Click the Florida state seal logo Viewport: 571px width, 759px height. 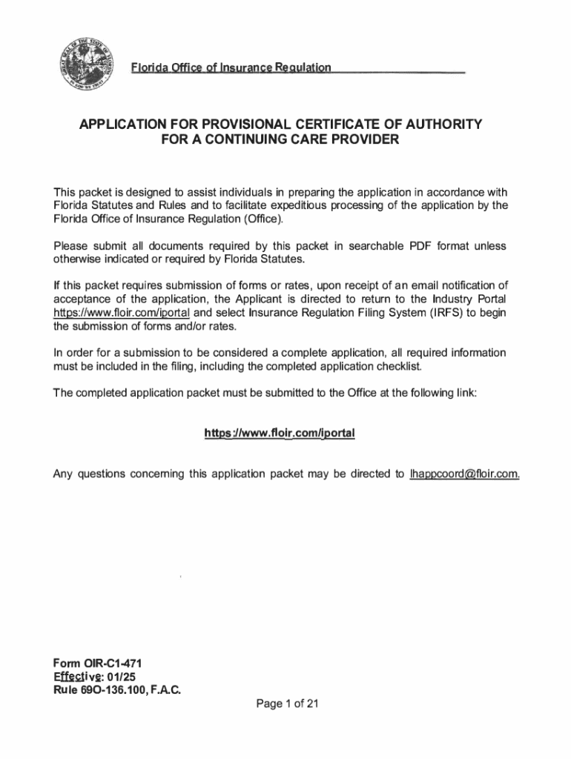pyautogui.click(x=84, y=63)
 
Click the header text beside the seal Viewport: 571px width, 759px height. pyautogui.click(x=231, y=68)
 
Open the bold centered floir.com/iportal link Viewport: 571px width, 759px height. pyautogui.click(x=280, y=432)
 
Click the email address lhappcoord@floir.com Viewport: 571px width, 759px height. pyautogui.click(x=464, y=474)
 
